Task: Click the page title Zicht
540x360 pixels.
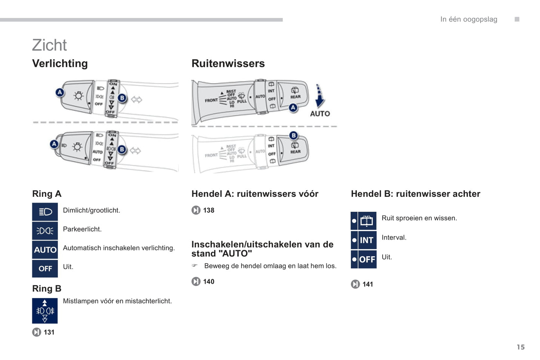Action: pyautogui.click(x=49, y=45)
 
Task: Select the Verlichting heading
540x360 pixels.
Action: pyautogui.click(x=60, y=63)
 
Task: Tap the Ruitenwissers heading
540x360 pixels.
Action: pyautogui.click(x=228, y=63)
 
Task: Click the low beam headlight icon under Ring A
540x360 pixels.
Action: pyautogui.click(x=45, y=212)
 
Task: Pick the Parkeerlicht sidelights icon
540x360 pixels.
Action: pyautogui.click(x=45, y=231)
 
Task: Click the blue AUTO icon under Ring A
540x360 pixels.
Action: pyautogui.click(x=45, y=250)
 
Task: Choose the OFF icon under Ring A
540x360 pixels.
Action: pyautogui.click(x=45, y=269)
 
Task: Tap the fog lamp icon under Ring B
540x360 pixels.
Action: pyautogui.click(x=45, y=311)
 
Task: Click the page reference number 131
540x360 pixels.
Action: pyautogui.click(x=49, y=332)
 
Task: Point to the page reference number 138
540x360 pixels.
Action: pyautogui.click(x=209, y=210)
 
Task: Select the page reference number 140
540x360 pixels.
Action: pyautogui.click(x=209, y=282)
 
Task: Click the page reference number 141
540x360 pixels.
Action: pyautogui.click(x=368, y=284)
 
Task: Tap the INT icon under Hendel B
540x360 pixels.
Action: pyautogui.click(x=364, y=240)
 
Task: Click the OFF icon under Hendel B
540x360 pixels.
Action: pyautogui.click(x=364, y=259)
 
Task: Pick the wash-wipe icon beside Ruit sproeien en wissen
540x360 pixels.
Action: pyautogui.click(x=364, y=221)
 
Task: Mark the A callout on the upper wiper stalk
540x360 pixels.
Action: pyautogui.click(x=293, y=108)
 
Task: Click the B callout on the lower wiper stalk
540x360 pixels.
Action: pyautogui.click(x=294, y=135)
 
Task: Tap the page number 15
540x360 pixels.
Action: pyautogui.click(x=521, y=347)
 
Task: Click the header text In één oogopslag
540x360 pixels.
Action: pyautogui.click(x=469, y=19)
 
